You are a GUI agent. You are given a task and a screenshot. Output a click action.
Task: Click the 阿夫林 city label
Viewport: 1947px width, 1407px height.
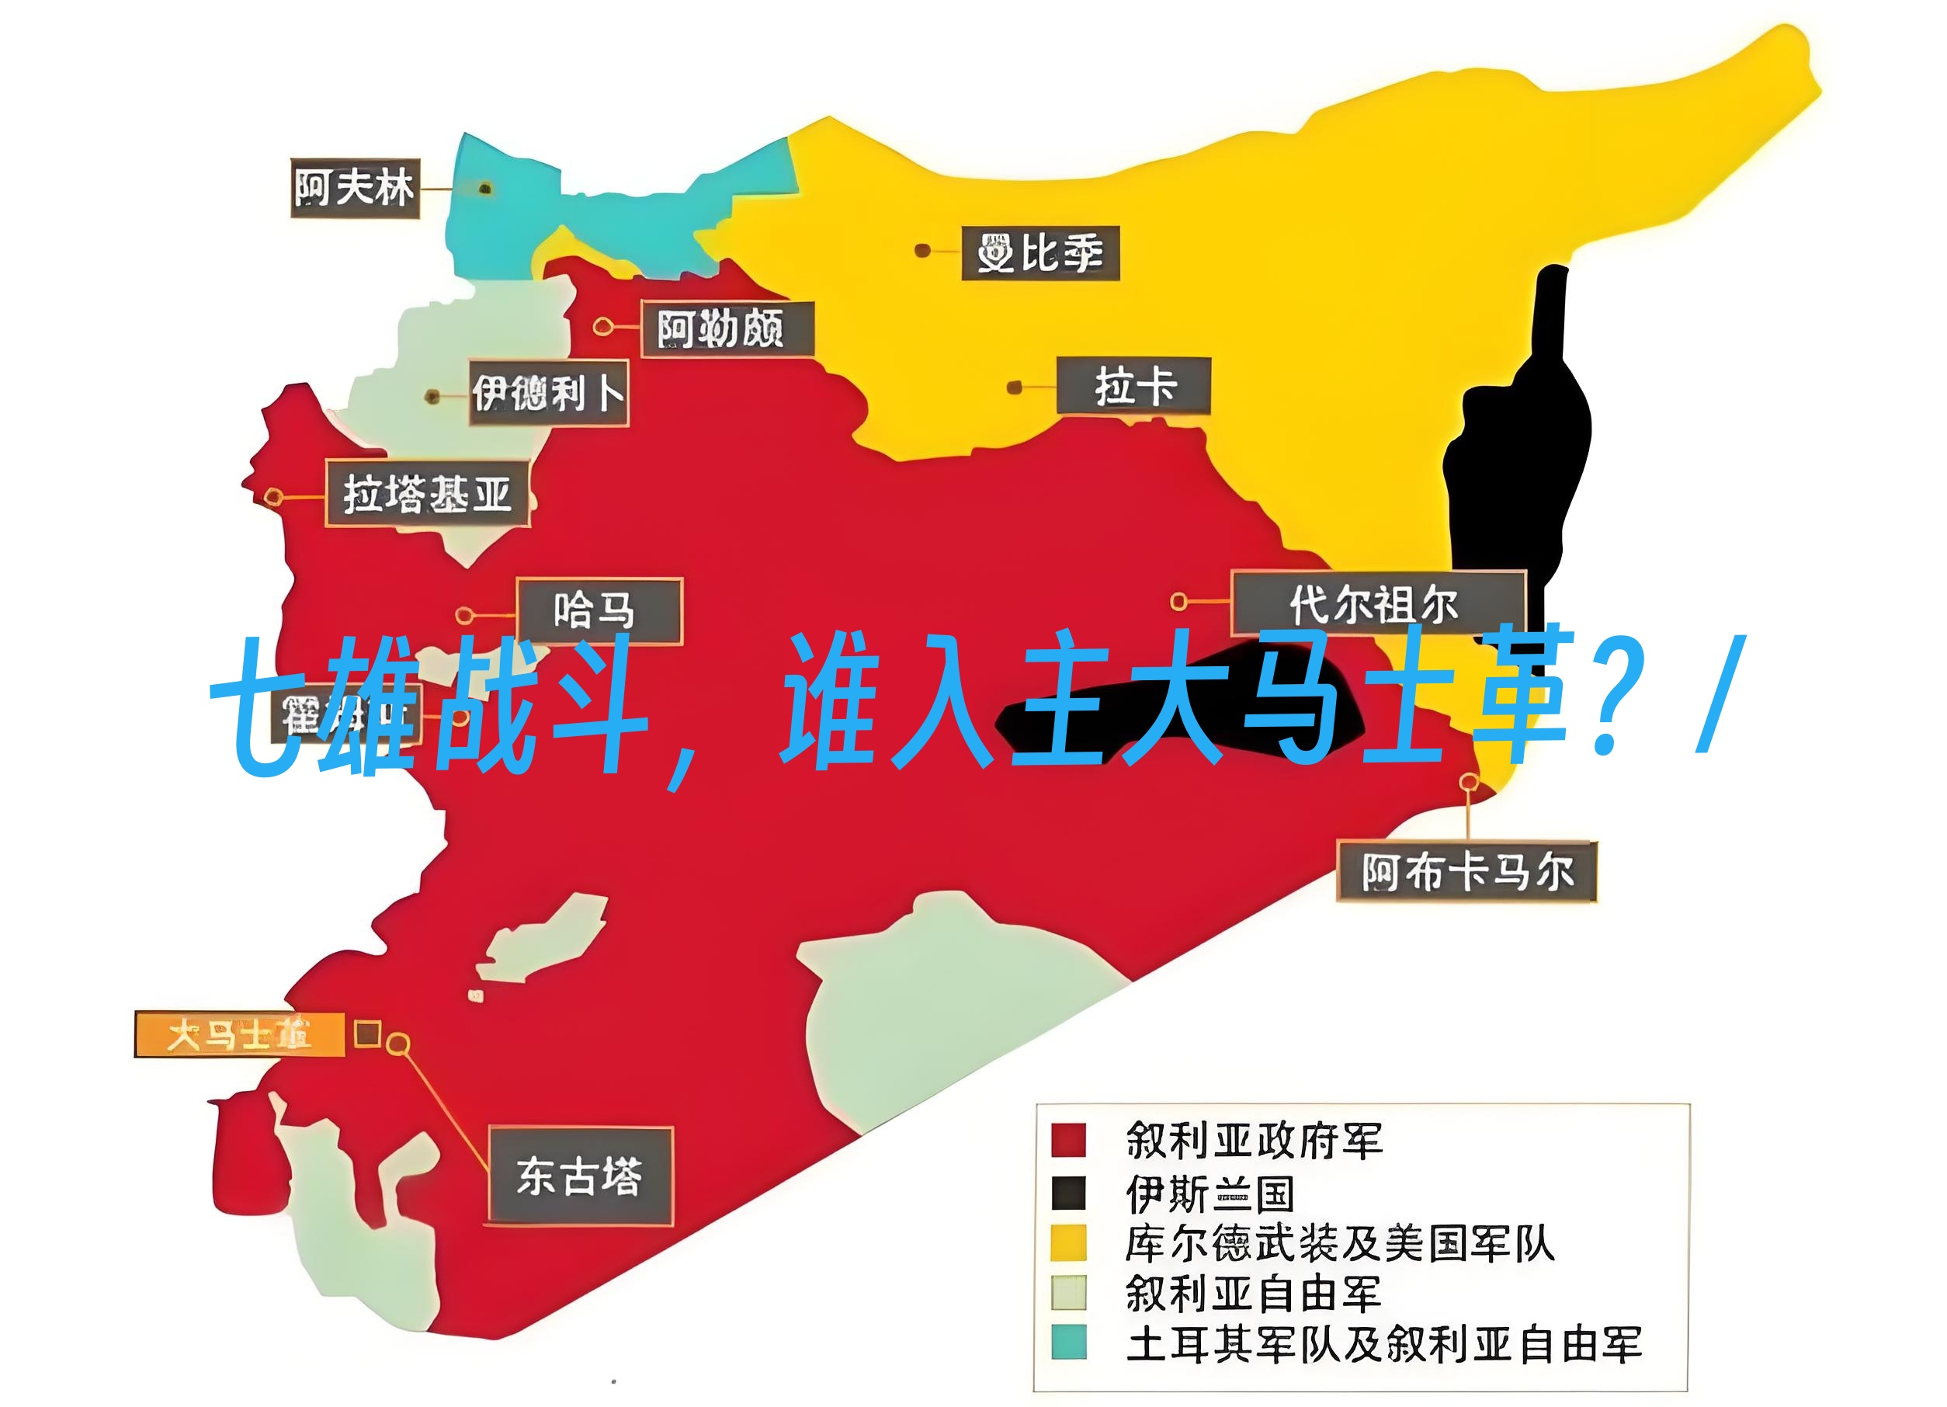pyautogui.click(x=355, y=188)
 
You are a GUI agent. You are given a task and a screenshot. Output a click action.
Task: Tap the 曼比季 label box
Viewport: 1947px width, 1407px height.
pyautogui.click(x=1039, y=253)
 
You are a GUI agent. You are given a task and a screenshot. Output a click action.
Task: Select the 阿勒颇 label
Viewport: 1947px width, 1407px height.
pyautogui.click(x=727, y=328)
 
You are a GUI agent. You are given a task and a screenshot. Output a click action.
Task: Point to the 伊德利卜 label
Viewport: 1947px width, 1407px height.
pyautogui.click(x=549, y=394)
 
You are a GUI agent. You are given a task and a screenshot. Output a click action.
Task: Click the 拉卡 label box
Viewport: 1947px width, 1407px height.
pyautogui.click(x=1133, y=385)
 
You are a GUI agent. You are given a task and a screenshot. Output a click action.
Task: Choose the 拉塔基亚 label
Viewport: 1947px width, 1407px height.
pyautogui.click(x=427, y=494)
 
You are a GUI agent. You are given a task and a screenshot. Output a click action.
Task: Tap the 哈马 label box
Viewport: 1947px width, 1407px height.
pyautogui.click(x=599, y=611)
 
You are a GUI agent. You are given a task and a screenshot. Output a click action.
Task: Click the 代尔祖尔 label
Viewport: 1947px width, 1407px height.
pyautogui.click(x=1377, y=603)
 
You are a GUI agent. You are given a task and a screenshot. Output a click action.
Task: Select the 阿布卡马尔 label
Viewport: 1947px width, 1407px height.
pyautogui.click(x=1466, y=872)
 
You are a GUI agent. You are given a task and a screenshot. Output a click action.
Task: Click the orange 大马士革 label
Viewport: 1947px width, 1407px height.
pyautogui.click(x=240, y=1035)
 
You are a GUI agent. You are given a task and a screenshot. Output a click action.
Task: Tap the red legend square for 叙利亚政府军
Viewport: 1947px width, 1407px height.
pyautogui.click(x=1069, y=1140)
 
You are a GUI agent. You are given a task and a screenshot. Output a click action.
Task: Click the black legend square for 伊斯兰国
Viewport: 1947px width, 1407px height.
pyautogui.click(x=1069, y=1193)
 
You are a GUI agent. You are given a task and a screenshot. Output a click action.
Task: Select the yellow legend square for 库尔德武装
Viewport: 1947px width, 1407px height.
pyautogui.click(x=1069, y=1242)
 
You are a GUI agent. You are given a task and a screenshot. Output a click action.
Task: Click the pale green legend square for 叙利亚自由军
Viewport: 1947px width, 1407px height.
pyautogui.click(x=1069, y=1292)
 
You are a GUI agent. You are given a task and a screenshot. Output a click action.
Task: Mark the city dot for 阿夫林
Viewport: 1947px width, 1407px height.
pyautogui.click(x=485, y=188)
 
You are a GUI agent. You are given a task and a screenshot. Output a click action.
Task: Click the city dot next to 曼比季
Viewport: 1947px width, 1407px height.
pyautogui.click(x=922, y=251)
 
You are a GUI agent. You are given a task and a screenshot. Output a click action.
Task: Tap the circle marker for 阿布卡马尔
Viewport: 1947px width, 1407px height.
pyautogui.click(x=1469, y=782)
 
